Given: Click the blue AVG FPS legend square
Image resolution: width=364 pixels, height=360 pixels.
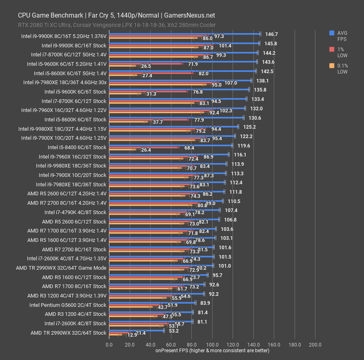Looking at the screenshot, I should coord(332,33).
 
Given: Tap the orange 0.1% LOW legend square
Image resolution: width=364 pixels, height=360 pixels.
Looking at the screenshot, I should coord(332,65).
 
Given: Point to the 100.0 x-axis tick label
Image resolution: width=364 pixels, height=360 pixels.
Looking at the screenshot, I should coord(212,344).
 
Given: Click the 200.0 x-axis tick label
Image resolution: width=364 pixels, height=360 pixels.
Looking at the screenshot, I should coord(315,344).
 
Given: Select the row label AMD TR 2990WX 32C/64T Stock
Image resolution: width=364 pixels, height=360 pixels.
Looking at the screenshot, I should coord(68,333).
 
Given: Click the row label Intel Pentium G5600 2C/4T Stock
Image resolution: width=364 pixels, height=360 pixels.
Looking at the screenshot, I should coord(68,305).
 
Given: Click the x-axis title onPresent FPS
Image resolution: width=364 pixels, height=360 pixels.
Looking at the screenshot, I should coord(212,350).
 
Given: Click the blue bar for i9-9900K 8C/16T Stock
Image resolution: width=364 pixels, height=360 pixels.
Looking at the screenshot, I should coord(184,43).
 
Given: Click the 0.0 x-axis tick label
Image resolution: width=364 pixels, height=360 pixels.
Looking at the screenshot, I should coord(109,344).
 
